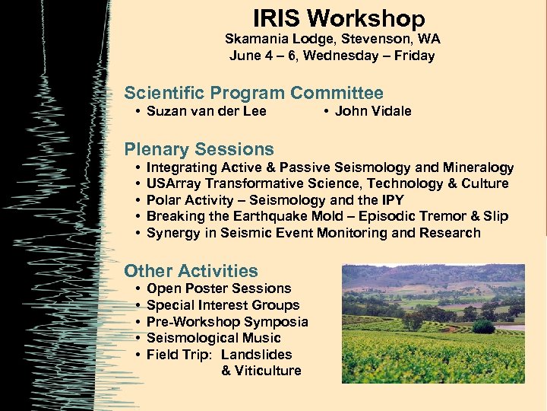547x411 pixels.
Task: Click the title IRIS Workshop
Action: (339, 18)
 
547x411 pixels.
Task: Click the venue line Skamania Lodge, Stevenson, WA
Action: (332, 39)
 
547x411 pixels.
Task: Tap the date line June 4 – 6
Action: (332, 56)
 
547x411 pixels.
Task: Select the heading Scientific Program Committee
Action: (254, 94)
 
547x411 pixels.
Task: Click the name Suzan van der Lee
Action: (206, 111)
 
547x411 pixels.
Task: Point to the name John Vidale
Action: (372, 111)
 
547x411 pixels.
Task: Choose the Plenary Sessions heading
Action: (199, 149)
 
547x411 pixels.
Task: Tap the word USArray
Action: (173, 183)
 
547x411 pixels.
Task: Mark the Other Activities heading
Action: (191, 271)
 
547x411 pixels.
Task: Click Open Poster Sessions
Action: (219, 288)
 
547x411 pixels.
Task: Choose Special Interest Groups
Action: (223, 305)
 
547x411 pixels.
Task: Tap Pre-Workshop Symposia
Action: (227, 322)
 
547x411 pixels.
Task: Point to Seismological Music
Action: (213, 338)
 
